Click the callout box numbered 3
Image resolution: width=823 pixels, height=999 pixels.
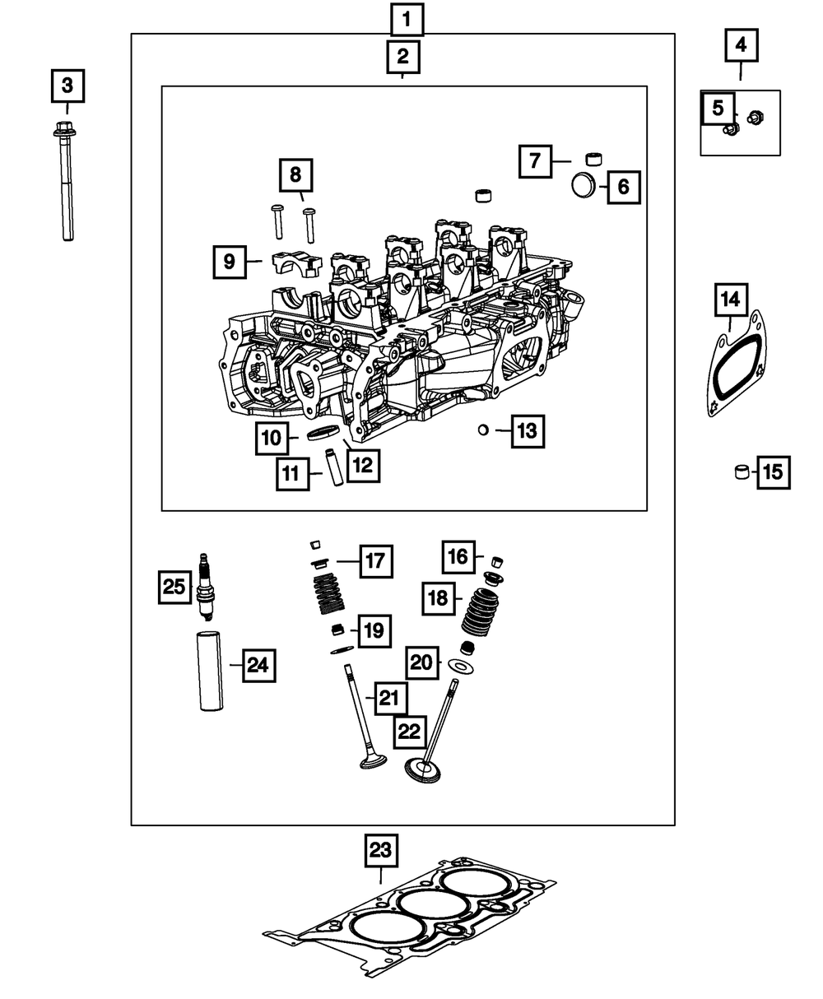coord(67,85)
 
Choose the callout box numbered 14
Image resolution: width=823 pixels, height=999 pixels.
coord(730,301)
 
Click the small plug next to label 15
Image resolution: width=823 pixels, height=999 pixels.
coord(742,472)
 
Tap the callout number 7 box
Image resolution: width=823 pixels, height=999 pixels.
coord(535,160)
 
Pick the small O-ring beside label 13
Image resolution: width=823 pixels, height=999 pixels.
coord(484,429)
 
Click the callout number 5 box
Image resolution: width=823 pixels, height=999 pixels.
coord(718,107)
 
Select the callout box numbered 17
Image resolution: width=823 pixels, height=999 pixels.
coord(375,561)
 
